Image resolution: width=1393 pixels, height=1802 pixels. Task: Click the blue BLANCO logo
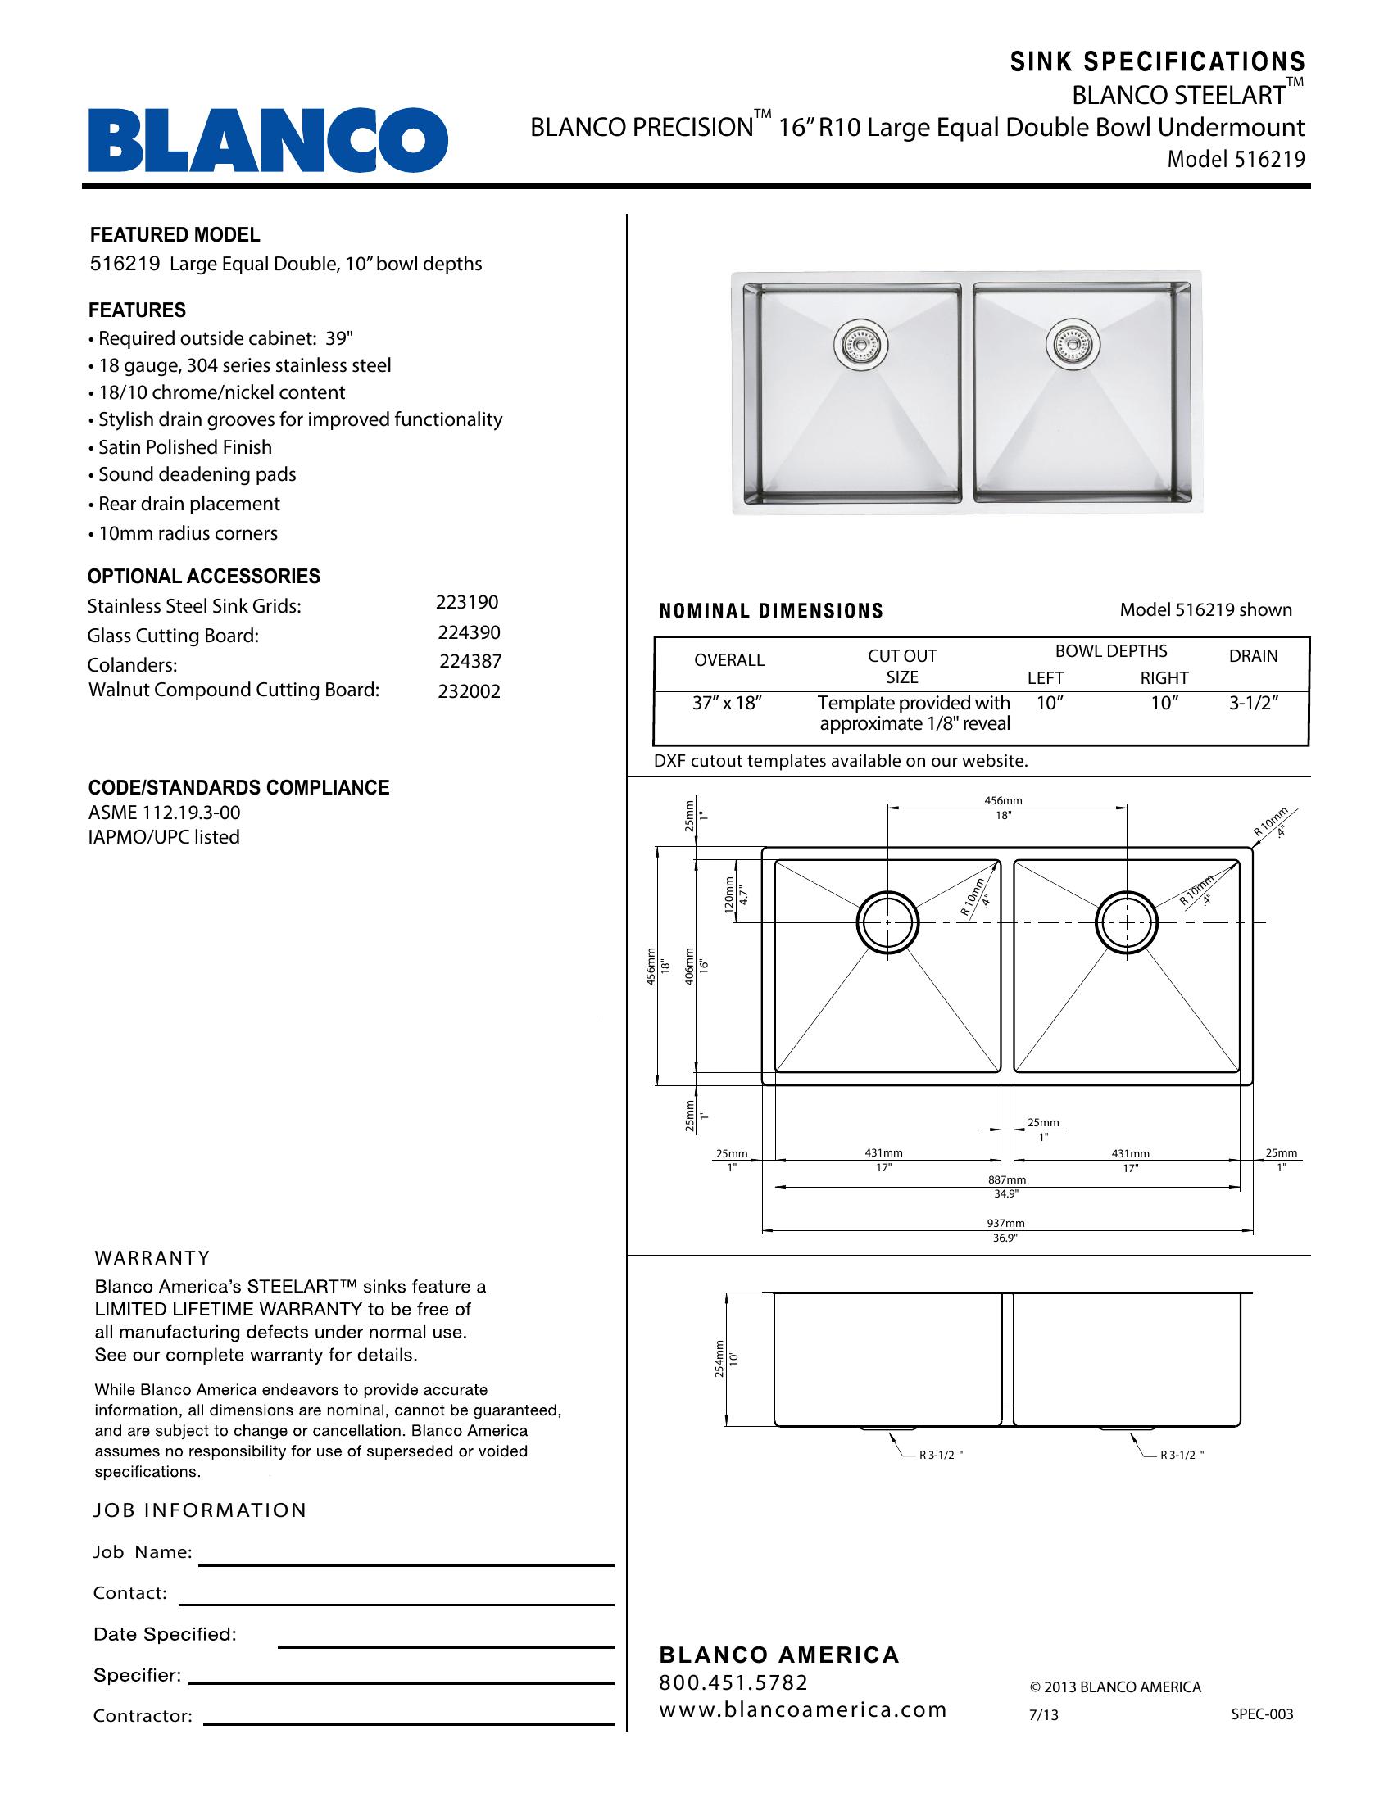pos(268,140)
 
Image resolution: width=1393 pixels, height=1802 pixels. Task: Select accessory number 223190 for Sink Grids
pos(467,602)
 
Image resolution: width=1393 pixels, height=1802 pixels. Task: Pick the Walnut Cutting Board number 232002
pos(469,691)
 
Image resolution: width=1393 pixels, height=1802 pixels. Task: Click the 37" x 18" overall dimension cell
pos(726,703)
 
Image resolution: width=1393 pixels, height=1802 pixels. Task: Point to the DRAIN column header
pos(1253,656)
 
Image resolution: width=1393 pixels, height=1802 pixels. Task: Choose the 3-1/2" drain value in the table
pos(1253,703)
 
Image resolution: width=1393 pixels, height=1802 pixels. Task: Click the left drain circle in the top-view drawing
pos(888,921)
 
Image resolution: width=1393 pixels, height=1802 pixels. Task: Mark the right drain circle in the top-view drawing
pos(1127,921)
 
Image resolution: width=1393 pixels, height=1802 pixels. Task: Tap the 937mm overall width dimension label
pos(1005,1223)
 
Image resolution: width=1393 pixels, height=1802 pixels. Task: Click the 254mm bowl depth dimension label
pos(719,1359)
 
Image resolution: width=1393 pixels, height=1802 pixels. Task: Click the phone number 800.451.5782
pos(733,1682)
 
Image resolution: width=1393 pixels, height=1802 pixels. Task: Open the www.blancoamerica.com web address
pos(802,1709)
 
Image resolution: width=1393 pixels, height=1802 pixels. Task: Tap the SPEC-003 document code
pos(1262,1714)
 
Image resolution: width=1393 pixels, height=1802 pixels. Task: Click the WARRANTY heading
pos(152,1258)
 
